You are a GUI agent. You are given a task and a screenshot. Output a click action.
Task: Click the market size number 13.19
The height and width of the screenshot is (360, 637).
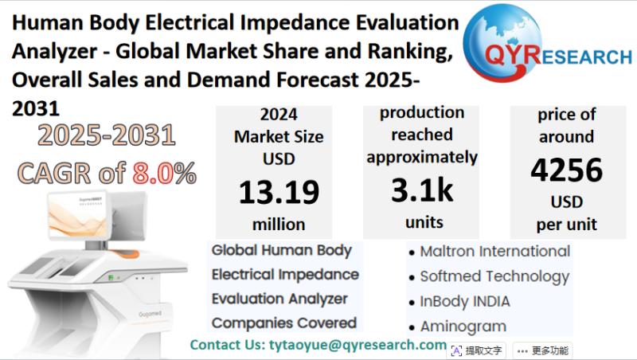(279, 192)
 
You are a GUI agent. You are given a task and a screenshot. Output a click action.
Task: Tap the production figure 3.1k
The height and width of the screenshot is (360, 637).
(421, 190)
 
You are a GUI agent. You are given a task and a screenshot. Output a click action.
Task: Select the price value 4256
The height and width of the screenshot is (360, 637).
(567, 170)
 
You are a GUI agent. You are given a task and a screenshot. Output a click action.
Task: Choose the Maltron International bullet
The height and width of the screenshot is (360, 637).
(494, 252)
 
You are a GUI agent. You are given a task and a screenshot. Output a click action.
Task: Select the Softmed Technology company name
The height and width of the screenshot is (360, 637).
(494, 277)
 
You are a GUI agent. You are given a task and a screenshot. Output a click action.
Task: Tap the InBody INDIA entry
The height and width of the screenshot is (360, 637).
(465, 302)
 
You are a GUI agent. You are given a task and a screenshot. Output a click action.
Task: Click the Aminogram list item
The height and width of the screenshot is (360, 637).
(463, 327)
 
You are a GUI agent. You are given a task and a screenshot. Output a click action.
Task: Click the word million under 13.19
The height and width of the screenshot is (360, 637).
(279, 224)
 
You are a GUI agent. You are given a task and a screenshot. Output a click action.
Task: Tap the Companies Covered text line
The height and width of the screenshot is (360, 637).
(283, 323)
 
